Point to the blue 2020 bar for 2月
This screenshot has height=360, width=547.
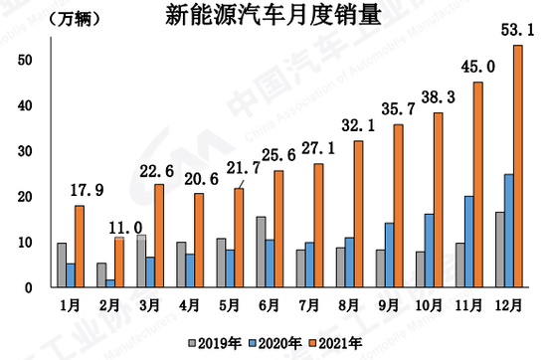(109, 283)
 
